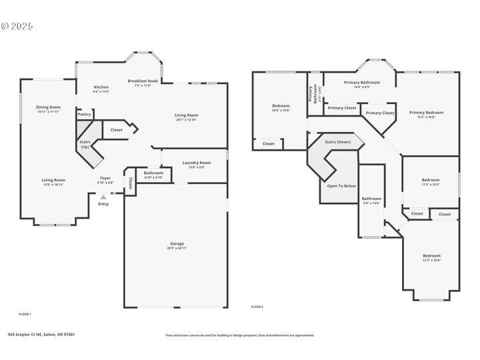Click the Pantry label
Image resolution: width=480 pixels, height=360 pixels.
(x=84, y=115)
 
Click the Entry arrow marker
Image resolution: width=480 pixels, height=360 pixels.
(x=103, y=197)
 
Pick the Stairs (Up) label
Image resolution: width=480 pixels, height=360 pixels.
(x=85, y=144)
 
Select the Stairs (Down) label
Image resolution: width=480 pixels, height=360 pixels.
(x=338, y=142)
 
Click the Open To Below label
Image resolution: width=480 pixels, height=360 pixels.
(x=341, y=185)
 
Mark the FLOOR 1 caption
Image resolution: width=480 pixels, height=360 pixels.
(x=25, y=313)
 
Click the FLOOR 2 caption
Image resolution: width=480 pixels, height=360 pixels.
(x=257, y=307)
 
